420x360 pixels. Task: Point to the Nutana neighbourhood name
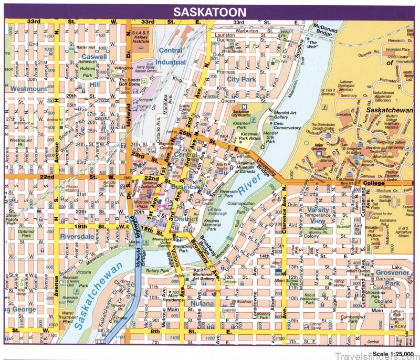pyautogui.click(x=203, y=303)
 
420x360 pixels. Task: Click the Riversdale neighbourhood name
pyautogui.click(x=77, y=236)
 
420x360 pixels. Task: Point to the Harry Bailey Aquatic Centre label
pyautogui.click(x=147, y=69)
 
